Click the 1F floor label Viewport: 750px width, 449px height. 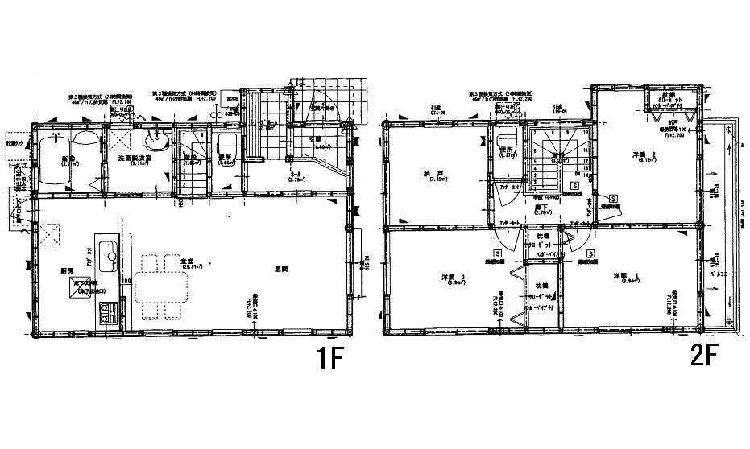click(328, 358)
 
